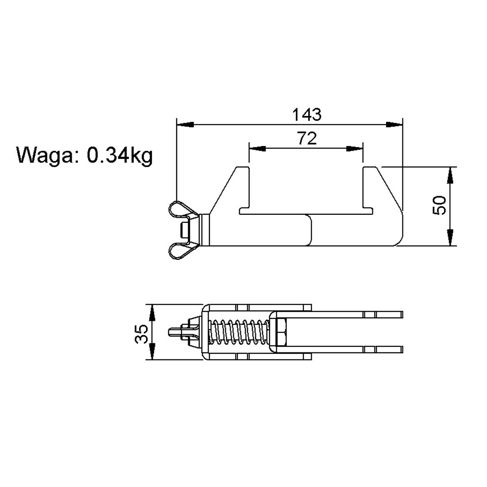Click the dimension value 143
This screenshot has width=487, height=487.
(x=306, y=114)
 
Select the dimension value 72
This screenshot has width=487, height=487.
(x=307, y=138)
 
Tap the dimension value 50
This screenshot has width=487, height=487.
(x=439, y=205)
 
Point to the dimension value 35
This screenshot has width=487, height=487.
(x=141, y=333)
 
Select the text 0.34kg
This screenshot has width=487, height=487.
(x=120, y=155)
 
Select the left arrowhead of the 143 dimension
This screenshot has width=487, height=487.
(x=185, y=124)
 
